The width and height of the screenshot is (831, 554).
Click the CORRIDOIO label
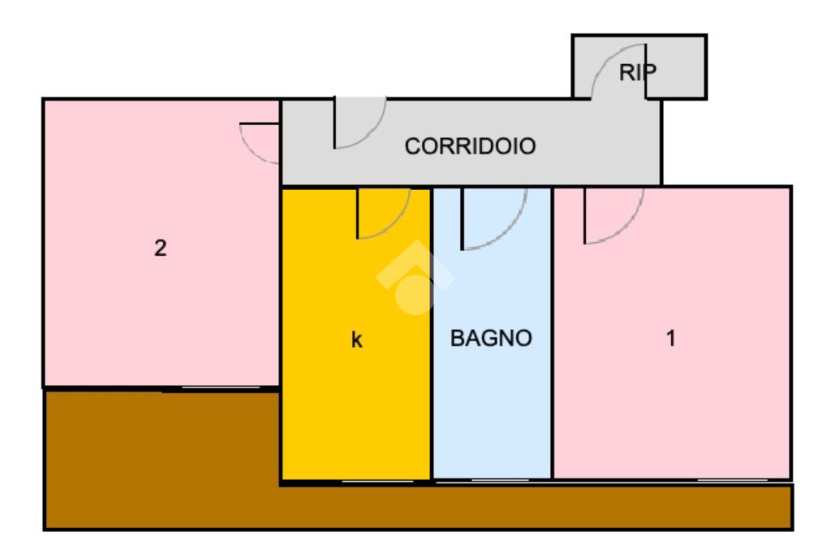point(470,147)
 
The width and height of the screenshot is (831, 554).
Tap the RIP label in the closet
point(637,72)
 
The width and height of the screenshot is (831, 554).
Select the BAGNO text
point(491,338)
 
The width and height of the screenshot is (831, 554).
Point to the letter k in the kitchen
point(356,340)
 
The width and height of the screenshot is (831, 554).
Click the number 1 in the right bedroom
point(671,338)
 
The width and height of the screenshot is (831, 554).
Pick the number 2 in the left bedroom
point(161,248)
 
